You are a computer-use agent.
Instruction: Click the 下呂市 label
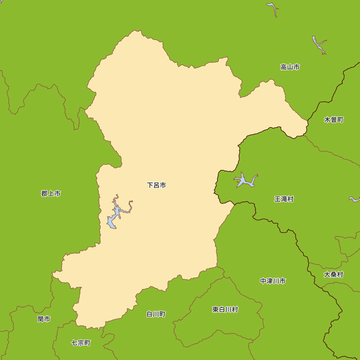click(x=157, y=185)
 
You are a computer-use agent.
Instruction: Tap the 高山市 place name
click(x=290, y=67)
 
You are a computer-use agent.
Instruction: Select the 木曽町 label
click(x=334, y=120)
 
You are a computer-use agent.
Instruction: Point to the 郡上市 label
click(x=51, y=194)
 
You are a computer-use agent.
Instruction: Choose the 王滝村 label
click(x=284, y=199)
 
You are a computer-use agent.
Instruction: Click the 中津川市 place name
click(x=273, y=281)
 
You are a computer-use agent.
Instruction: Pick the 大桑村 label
click(x=333, y=275)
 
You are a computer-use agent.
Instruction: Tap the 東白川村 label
click(x=225, y=310)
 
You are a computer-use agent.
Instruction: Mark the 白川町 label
click(x=156, y=314)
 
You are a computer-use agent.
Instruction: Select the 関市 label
click(x=44, y=319)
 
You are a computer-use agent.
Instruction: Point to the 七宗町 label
click(x=81, y=343)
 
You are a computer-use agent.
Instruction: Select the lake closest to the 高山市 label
click(x=318, y=45)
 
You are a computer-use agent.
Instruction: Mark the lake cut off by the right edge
click(x=355, y=199)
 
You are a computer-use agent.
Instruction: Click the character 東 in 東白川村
click(x=215, y=310)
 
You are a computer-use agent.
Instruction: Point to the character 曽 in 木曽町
click(x=334, y=120)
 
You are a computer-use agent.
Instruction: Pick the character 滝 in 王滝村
click(x=284, y=199)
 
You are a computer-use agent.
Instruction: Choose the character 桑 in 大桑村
click(x=333, y=275)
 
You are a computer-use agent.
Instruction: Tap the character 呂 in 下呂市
click(x=157, y=185)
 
